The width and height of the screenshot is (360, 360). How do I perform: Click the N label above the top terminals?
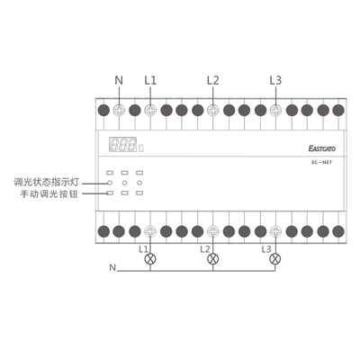pos(119,80)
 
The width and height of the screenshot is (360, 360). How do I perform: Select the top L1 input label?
pos(150,80)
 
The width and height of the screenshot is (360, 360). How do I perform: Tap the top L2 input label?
pos(213,80)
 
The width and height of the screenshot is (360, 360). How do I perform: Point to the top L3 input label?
pos(275,80)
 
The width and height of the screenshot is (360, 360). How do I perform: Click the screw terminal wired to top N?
pos(119,111)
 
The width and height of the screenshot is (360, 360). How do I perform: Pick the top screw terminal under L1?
pos(150,111)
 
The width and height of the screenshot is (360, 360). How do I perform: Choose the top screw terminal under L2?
pos(213,111)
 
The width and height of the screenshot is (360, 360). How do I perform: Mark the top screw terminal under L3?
pos(275,111)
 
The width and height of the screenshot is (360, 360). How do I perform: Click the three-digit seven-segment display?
pos(122,144)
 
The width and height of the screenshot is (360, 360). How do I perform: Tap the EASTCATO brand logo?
pos(322,148)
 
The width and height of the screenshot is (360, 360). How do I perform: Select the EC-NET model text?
pos(321,163)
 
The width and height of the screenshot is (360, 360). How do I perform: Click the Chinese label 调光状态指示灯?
pos(47,182)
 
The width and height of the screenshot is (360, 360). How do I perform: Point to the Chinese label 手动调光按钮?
pos(49,194)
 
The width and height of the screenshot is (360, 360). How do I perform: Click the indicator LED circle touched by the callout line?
pos(110,183)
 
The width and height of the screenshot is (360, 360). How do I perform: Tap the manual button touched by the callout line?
pos(110,193)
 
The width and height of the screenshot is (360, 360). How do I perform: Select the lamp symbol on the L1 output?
pos(150,259)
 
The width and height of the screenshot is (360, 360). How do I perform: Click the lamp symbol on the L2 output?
pos(213,259)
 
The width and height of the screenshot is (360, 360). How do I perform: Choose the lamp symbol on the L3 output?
pos(275,259)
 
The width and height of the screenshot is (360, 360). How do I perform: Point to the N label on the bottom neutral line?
pos(112,267)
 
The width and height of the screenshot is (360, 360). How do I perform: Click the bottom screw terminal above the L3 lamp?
pos(275,231)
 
